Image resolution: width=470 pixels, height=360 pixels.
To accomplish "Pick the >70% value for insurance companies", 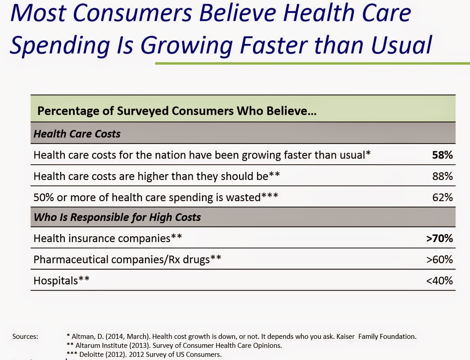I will (x=439, y=238).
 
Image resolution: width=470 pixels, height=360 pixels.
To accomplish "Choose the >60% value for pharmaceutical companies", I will (x=439, y=260).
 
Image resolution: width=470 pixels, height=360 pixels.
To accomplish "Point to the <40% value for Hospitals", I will (x=439, y=281).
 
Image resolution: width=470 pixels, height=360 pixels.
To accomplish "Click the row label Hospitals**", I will (x=62, y=281).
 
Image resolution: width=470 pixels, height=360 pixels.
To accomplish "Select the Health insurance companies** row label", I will (x=108, y=238).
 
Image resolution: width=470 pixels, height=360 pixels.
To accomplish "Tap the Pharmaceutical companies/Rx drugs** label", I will (x=127, y=260).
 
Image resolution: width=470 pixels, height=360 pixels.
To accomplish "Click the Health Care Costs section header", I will (x=77, y=134).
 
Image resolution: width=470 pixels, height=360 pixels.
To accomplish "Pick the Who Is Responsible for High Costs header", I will (x=117, y=218).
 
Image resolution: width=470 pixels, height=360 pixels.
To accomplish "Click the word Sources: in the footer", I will (x=25, y=336).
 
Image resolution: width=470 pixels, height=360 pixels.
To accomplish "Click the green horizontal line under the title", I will (x=311, y=63).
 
